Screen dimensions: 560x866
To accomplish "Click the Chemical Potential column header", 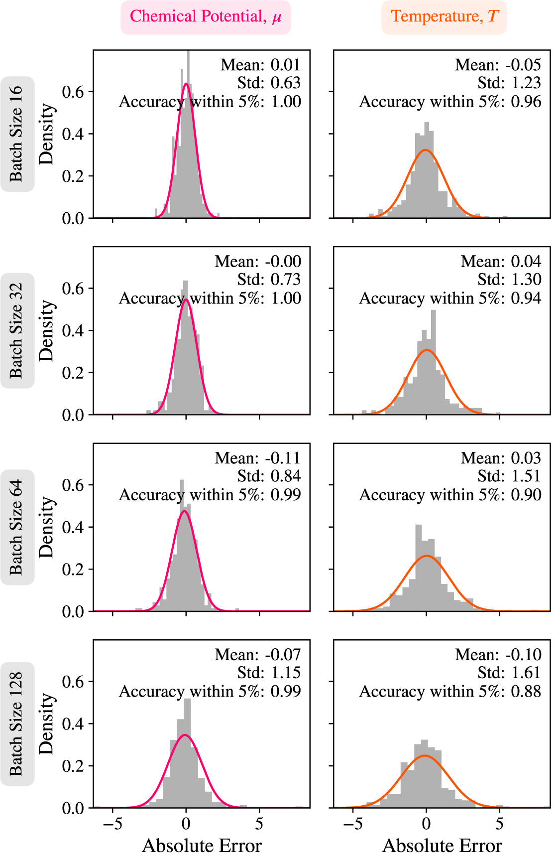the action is coord(206,17).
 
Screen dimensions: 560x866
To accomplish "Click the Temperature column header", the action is coord(444,17).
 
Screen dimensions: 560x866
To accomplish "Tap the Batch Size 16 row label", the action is coord(17,134).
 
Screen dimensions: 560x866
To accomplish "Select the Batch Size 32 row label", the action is coord(17,330).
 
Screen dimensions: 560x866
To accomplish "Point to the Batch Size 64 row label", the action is coord(17,527).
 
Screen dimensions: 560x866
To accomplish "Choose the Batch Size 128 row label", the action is coord(17,724).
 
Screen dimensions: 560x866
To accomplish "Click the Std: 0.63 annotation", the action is coord(269,83).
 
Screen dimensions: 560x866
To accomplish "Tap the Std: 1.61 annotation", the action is coord(509,673).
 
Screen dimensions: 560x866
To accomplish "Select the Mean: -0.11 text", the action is coord(257,458).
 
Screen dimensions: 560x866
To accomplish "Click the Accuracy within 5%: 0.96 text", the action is coord(450,102).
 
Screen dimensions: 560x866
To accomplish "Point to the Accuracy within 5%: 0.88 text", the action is coord(450,692).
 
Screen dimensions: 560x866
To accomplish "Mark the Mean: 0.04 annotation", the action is coord(501,262).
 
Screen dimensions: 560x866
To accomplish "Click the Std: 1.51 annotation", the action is coord(509,476).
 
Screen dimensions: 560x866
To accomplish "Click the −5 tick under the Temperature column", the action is coord(353,824).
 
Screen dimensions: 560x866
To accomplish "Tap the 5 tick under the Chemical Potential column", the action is coord(259,824).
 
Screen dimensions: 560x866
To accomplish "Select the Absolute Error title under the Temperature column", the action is coord(442,846).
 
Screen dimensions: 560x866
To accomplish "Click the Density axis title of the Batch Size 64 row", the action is coord(46,527).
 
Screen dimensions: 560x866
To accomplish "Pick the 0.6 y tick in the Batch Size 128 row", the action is coord(73,682).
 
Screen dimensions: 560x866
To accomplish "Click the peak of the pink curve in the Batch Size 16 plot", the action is coord(186,84).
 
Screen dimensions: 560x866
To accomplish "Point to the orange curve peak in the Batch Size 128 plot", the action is coord(425,756).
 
